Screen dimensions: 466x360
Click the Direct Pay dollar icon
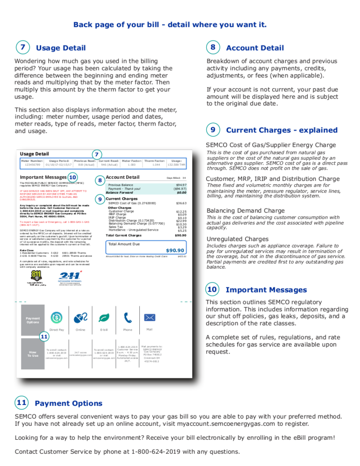(56, 318)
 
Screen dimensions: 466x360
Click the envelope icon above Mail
(150, 317)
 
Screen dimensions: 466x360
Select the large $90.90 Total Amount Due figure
(174, 251)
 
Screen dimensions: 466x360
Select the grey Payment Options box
(33, 321)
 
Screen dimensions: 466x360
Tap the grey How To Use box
(32, 353)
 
